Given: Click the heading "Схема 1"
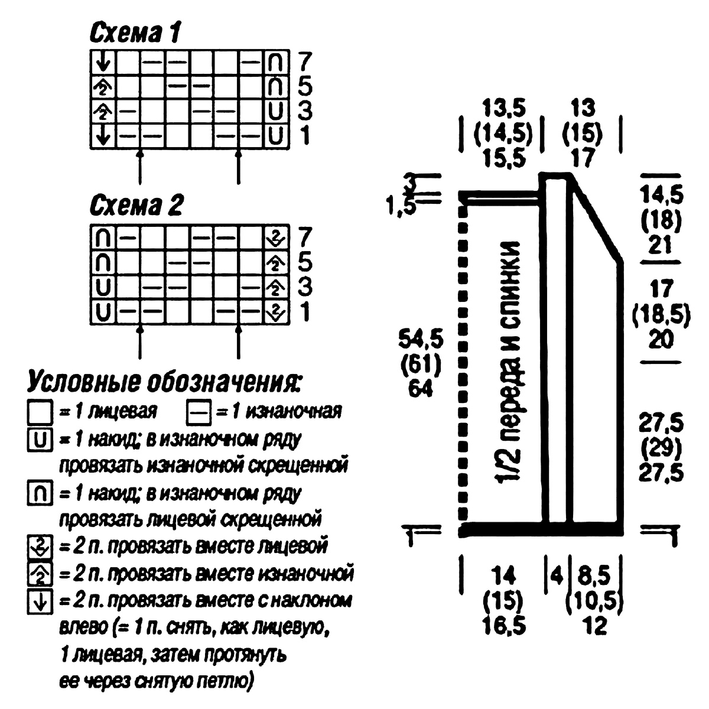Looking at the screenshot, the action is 135,34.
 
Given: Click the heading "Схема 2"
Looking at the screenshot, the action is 136,206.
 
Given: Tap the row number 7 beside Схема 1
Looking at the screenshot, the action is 305,61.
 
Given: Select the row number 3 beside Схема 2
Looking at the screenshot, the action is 305,287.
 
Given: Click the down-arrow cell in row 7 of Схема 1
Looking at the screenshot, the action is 103,62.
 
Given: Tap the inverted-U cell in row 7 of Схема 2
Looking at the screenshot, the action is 103,238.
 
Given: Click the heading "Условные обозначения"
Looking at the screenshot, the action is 164,383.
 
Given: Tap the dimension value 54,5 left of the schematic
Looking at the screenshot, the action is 421,340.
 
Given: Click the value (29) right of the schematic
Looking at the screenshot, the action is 661,448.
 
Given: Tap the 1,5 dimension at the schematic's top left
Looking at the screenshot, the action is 401,205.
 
